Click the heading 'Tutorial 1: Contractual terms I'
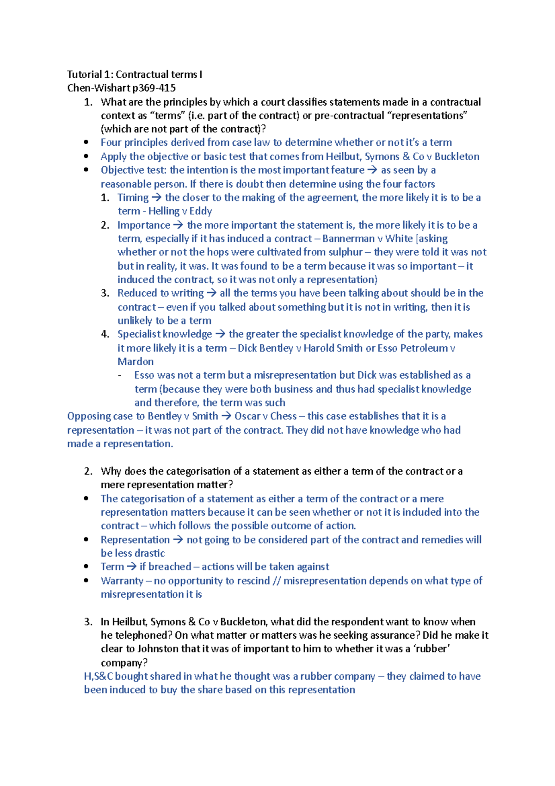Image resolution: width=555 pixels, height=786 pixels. click(135, 75)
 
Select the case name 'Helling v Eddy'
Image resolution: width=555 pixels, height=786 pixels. click(180, 211)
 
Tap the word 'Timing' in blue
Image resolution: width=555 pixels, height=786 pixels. click(133, 198)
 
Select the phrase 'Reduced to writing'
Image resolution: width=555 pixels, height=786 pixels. click(160, 293)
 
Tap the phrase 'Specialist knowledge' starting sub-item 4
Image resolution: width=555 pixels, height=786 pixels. click(164, 334)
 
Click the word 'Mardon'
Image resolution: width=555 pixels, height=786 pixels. click(136, 362)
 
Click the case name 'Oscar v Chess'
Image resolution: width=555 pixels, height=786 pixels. click(265, 416)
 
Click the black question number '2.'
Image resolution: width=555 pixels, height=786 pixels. click(88, 471)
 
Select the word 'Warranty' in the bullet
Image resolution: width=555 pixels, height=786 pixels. click(122, 581)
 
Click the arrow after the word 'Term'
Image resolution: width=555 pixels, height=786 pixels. click(132, 567)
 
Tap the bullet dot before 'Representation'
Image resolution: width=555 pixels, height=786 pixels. click(86, 539)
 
